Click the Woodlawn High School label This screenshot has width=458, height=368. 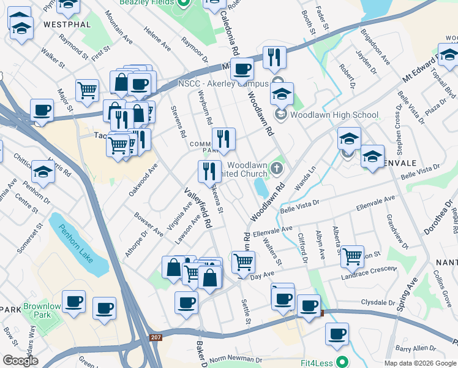click(334, 115)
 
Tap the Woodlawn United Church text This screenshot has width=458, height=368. click(247, 170)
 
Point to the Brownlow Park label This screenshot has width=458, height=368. click(42, 310)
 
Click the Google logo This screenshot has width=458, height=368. click(20, 361)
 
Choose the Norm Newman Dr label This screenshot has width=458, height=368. click(236, 359)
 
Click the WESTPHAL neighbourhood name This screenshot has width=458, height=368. click(67, 25)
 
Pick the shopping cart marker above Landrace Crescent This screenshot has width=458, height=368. click(352, 256)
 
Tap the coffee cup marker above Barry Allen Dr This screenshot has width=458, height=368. click(337, 334)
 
